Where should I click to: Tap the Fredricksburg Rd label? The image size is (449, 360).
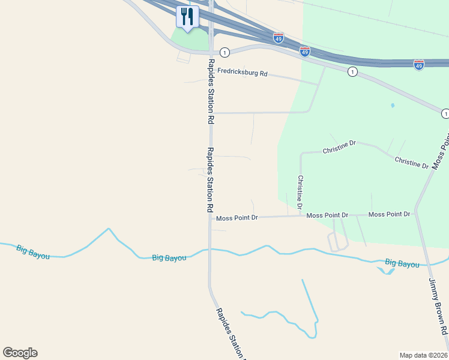point(242,72)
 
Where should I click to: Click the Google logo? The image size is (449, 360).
point(20,353)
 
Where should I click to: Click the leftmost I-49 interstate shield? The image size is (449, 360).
point(278,38)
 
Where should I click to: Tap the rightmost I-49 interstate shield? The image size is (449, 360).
point(419,64)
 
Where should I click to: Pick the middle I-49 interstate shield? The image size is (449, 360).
point(305,52)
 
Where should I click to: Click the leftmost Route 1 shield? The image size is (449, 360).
point(224,52)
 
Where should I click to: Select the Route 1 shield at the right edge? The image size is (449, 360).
point(445,113)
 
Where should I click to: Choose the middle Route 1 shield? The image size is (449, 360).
point(352,72)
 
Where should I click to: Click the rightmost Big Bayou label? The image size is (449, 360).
point(402,263)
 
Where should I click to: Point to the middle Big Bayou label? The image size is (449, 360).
point(169,257)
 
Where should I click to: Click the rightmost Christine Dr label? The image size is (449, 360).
point(411,161)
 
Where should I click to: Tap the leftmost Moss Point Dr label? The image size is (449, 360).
point(237,218)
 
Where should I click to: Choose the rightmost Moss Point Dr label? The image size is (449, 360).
point(390,214)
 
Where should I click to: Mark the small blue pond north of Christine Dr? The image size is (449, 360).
point(392,106)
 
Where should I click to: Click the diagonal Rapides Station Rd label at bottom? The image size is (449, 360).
point(231,334)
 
